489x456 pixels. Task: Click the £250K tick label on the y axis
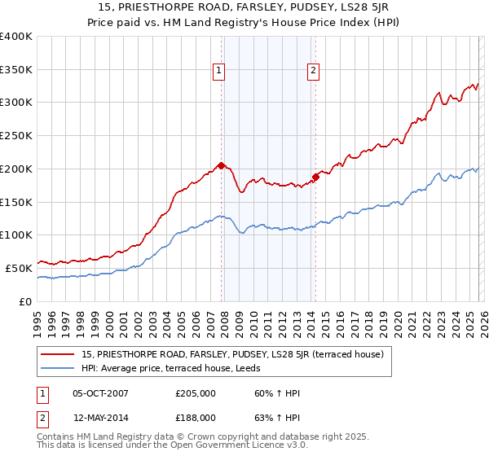(x=16, y=136)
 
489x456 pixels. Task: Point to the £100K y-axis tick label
(x=16, y=235)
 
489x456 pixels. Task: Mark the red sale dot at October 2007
(x=221, y=165)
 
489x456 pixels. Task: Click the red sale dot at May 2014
(x=315, y=177)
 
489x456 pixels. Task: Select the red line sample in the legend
(x=58, y=353)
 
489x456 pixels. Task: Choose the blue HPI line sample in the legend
(x=58, y=367)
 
